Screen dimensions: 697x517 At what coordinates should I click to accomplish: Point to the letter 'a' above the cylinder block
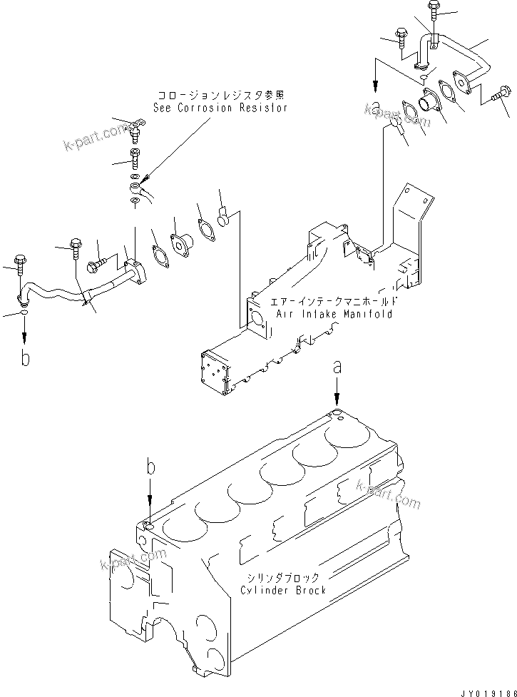pos(337,369)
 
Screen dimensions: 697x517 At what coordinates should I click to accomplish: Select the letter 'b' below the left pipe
pos(25,358)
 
